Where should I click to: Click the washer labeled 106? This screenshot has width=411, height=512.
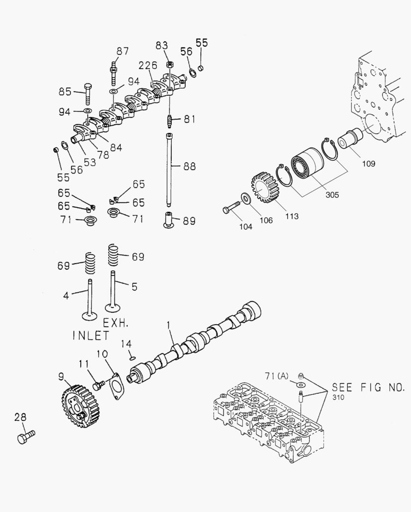click(x=246, y=198)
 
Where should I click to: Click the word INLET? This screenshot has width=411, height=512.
click(x=91, y=336)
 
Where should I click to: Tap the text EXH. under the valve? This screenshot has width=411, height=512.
click(x=116, y=323)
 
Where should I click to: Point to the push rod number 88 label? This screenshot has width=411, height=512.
click(x=189, y=166)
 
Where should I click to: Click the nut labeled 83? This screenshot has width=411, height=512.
click(x=169, y=64)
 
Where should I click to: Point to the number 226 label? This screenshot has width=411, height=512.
click(x=147, y=65)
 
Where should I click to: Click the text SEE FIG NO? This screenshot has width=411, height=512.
click(x=368, y=387)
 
